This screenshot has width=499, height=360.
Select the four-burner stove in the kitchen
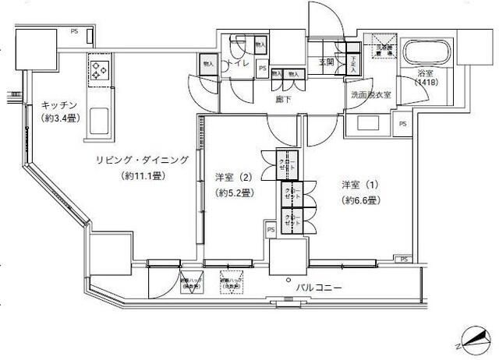[x=101, y=72]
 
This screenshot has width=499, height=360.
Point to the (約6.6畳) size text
[x=359, y=200]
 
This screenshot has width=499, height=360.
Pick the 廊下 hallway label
[x=283, y=99]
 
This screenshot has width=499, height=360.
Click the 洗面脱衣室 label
[x=370, y=95]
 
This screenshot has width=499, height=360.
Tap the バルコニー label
[x=318, y=288]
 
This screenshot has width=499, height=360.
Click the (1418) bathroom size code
[x=426, y=83]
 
